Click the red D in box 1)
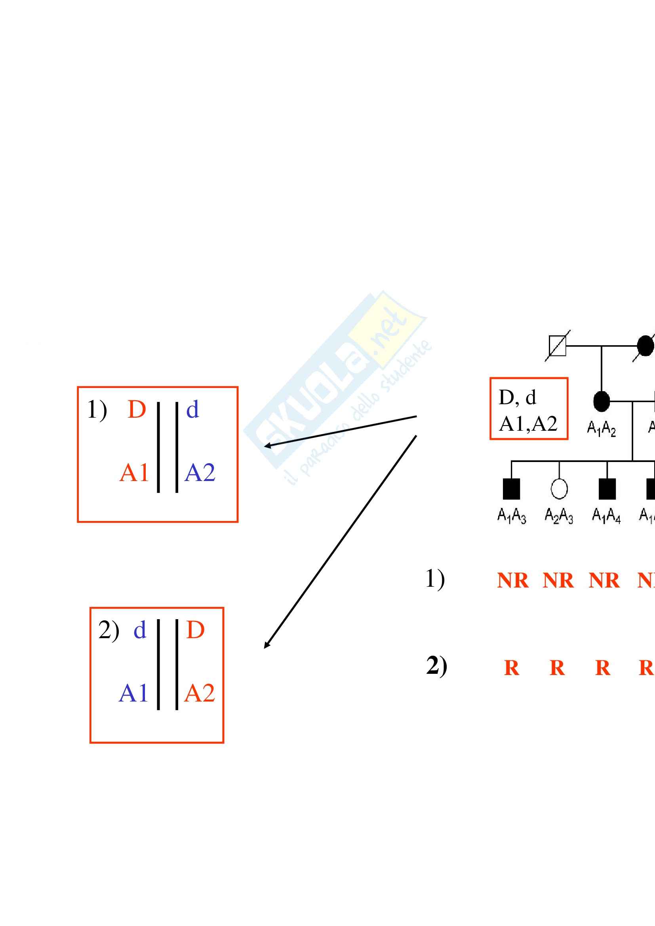point(136,410)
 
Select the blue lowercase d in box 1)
point(192,410)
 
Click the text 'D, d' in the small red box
point(518,397)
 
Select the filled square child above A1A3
point(511,489)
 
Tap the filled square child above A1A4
point(607,489)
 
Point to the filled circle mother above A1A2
point(602,401)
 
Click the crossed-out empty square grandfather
point(558,346)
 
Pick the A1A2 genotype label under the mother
point(602,428)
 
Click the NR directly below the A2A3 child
point(558,581)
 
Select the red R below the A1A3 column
point(512,668)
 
